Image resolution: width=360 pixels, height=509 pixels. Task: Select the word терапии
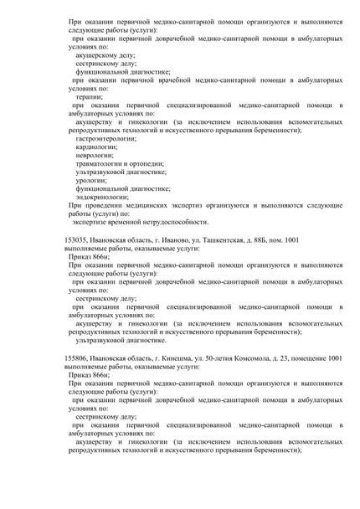click(x=90, y=97)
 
